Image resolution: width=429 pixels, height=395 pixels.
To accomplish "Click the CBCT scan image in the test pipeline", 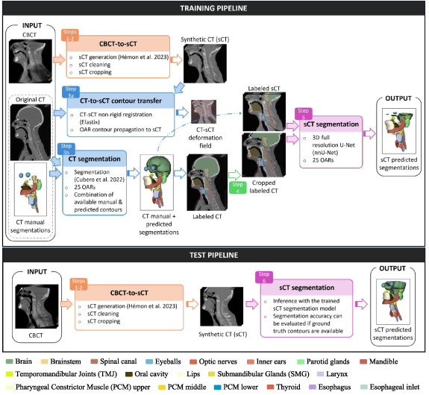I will pos(36,297).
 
